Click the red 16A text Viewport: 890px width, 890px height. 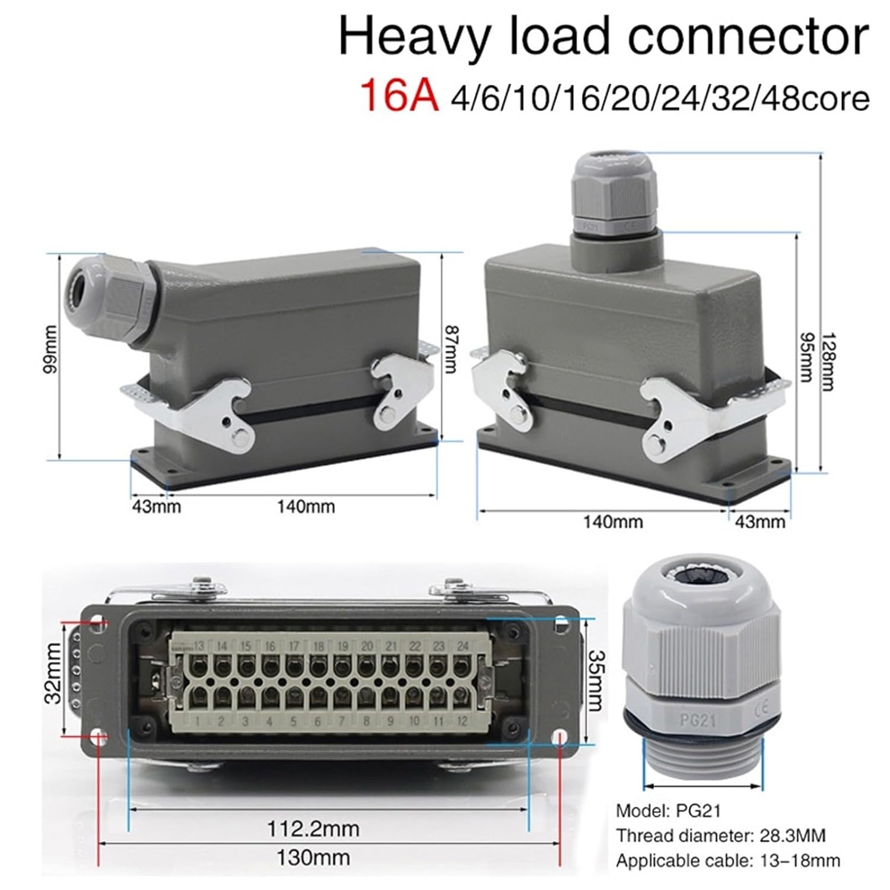pos(399,96)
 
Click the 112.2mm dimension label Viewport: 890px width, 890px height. pos(313,828)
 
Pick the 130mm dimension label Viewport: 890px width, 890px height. pos(313,857)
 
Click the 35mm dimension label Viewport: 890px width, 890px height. pos(595,680)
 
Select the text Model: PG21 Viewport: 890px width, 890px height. pos(667,810)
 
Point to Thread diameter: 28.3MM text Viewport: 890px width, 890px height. pos(720,836)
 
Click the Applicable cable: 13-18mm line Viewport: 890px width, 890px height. pos(727,860)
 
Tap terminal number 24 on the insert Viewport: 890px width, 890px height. pos(463,646)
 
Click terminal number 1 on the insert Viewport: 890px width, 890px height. pos(197,721)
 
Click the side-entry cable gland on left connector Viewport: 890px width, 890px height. pos(113,297)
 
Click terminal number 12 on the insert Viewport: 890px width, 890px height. pos(462,721)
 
